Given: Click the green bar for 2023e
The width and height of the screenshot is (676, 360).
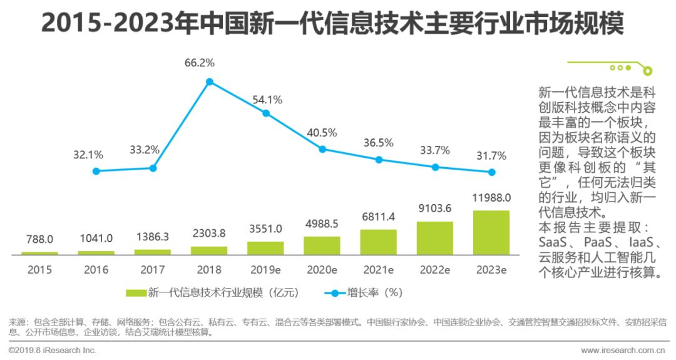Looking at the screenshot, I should (x=491, y=232).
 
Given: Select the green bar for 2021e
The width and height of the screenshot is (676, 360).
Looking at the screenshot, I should (x=378, y=242).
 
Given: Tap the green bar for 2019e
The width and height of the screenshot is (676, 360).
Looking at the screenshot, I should (x=265, y=248).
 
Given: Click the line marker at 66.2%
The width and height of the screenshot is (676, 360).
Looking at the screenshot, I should (x=210, y=81).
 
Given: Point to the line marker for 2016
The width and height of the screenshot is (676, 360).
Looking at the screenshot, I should (x=96, y=171).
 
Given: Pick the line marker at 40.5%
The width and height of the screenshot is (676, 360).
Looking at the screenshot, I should (x=322, y=149).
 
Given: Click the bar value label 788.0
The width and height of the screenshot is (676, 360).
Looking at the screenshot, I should (x=39, y=239).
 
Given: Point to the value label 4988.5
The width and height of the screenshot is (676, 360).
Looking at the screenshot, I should (x=322, y=224).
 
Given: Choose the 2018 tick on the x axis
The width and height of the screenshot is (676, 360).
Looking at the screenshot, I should (x=209, y=270).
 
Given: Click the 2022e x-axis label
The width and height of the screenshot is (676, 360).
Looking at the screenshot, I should (x=435, y=270).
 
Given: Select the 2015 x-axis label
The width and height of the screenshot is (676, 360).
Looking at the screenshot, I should (x=39, y=270).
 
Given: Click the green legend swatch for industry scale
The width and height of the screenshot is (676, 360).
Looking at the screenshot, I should (x=136, y=292).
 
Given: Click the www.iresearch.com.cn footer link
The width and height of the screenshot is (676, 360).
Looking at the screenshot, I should (x=622, y=351).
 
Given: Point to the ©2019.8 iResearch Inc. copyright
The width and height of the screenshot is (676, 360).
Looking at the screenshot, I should (x=53, y=351).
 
